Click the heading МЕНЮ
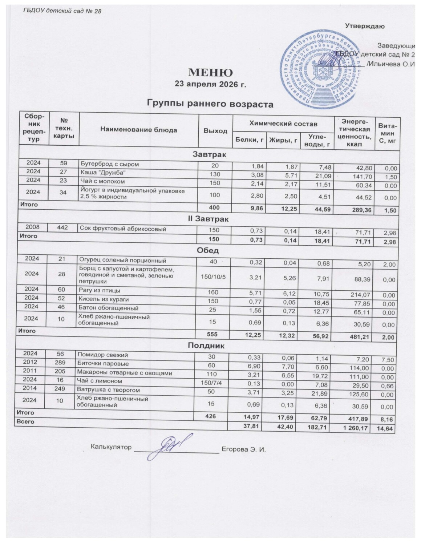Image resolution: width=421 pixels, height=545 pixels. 210,72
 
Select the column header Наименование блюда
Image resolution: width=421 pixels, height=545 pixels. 139,130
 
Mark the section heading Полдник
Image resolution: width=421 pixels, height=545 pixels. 209,346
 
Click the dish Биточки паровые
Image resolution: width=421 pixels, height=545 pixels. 102,364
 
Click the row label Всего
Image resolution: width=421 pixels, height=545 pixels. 24,421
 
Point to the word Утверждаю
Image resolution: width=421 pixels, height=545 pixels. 365,26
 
